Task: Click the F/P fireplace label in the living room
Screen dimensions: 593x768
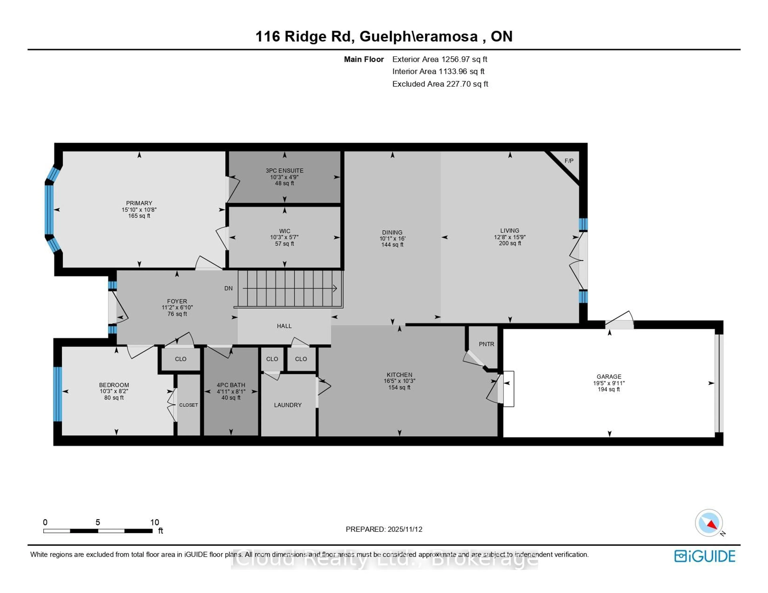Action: (569, 161)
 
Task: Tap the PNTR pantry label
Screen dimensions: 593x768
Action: (486, 344)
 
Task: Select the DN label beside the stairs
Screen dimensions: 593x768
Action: (229, 288)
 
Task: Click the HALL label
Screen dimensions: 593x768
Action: (284, 326)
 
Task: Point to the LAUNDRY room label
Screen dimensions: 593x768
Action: (288, 405)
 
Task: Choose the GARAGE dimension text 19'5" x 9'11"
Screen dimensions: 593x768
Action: (609, 383)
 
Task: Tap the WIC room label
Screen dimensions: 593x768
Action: (284, 231)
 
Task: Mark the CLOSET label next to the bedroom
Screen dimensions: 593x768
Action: (188, 405)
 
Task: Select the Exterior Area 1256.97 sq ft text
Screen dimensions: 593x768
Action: (440, 59)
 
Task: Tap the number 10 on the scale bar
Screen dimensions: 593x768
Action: (155, 522)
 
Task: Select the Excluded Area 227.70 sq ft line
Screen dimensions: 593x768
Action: (440, 84)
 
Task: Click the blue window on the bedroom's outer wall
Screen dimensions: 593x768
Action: (57, 394)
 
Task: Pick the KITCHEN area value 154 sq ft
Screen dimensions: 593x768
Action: (399, 387)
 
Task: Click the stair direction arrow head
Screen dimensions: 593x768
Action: (335, 289)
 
